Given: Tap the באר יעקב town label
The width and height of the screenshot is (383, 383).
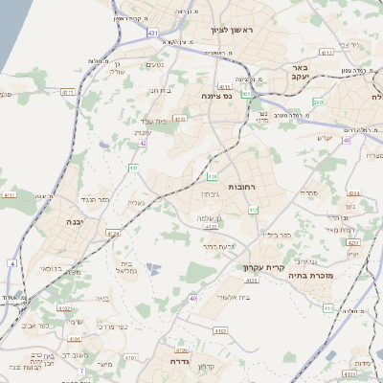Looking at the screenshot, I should [x=299, y=75].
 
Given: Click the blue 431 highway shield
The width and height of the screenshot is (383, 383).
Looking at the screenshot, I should [x=153, y=33].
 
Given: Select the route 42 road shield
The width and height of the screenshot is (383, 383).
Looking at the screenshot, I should [x=143, y=143].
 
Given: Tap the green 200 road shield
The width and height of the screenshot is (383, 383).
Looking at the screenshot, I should [x=318, y=101].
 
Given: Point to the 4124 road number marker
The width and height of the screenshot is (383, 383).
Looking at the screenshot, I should [x=114, y=233].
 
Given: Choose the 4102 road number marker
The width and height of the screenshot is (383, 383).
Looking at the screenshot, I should [x=65, y=307].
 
